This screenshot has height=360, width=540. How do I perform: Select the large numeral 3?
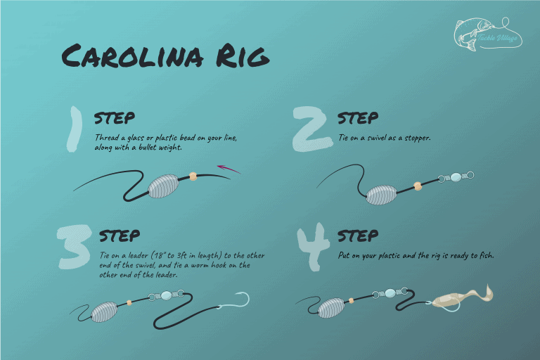coord(75,247)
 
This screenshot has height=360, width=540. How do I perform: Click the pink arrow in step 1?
coord(229,169)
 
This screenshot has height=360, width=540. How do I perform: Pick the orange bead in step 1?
coord(193,177)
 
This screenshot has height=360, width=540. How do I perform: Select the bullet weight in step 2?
coord(387,194)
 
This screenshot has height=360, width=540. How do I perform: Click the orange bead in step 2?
coord(417,186)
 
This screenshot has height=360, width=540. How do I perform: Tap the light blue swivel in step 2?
coord(455,177)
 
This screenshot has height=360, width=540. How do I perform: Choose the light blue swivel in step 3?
coord(166,295)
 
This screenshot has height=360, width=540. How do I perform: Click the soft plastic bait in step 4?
coord(457,299)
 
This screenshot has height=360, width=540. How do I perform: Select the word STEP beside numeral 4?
coord(358,236)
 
